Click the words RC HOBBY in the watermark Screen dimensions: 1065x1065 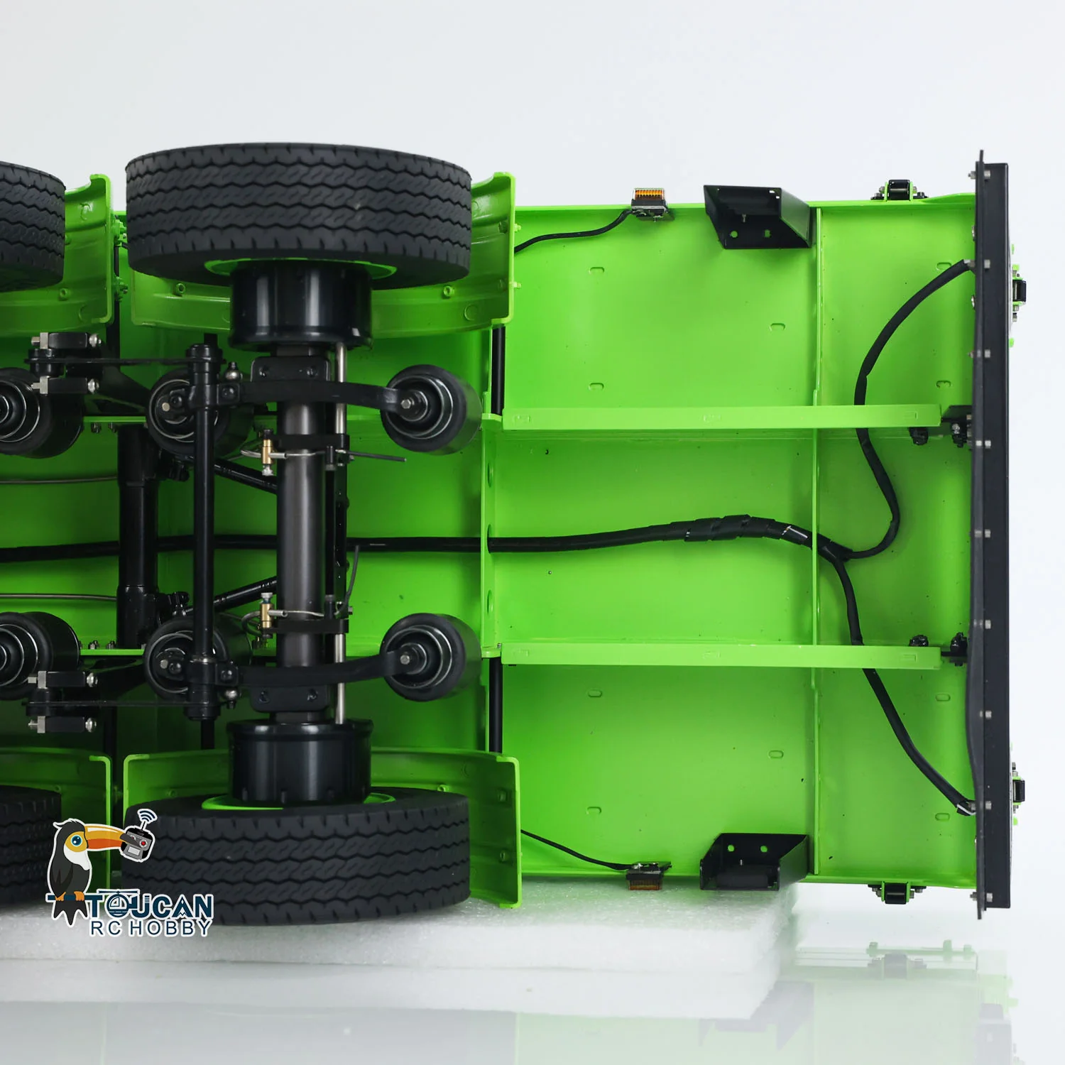151,927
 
